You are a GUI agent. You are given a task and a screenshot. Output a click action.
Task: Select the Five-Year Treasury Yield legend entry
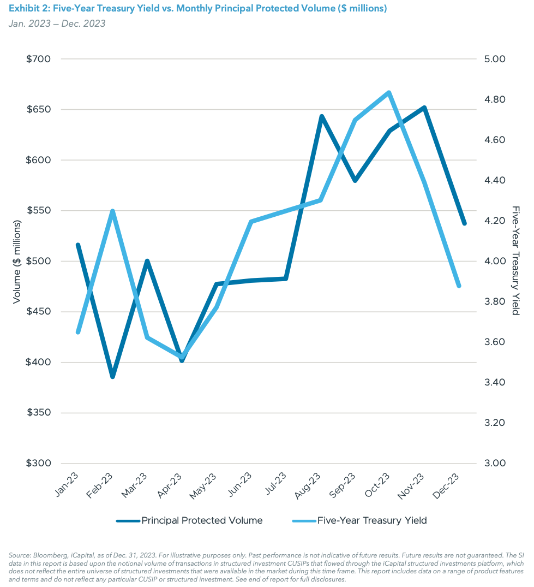(x=360, y=520)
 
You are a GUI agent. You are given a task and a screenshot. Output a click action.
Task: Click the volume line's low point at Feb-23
(x=112, y=377)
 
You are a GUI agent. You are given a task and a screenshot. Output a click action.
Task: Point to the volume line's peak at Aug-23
(x=322, y=116)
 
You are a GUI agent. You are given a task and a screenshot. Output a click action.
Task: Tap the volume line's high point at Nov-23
(x=424, y=108)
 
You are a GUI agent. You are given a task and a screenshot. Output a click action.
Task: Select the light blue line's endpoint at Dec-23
(x=459, y=286)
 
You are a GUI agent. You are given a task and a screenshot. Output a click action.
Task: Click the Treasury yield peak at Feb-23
(x=112, y=211)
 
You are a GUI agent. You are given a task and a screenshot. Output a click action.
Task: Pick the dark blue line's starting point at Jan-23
(x=78, y=245)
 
